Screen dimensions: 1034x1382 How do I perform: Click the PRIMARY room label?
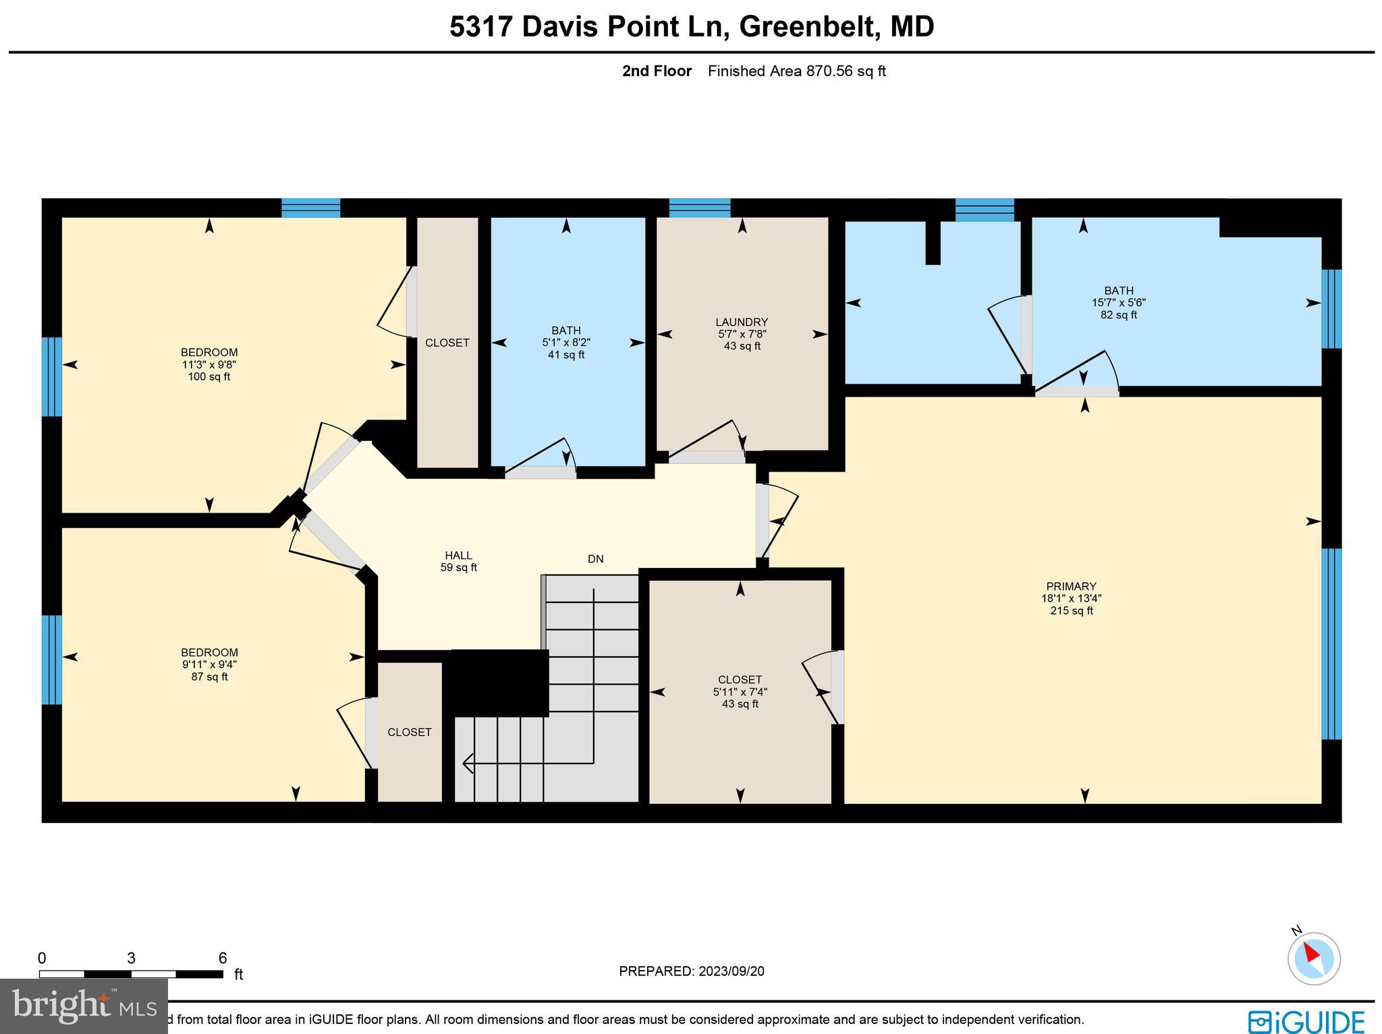[1071, 586]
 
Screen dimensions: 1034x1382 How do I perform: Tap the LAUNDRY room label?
[742, 322]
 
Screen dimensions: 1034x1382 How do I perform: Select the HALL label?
[458, 555]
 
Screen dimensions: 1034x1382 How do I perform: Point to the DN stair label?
[595, 559]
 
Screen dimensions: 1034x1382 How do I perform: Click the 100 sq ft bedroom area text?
[209, 377]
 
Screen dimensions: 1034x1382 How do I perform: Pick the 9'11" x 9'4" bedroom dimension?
[209, 664]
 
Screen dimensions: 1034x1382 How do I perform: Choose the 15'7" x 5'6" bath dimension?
[1119, 303]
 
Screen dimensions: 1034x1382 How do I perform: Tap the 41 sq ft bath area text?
[565, 355]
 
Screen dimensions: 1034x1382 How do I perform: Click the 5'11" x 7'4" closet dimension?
[740, 692]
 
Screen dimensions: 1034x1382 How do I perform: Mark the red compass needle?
[1310, 953]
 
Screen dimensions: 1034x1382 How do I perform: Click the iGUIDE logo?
[1306, 1021]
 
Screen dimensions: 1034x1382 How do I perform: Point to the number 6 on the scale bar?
[223, 958]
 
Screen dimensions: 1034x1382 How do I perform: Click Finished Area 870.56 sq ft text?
[796, 71]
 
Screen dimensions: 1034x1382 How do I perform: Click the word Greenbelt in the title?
[808, 27]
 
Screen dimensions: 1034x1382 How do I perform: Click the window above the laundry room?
[700, 208]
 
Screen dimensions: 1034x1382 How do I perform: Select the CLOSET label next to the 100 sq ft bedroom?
[447, 343]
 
